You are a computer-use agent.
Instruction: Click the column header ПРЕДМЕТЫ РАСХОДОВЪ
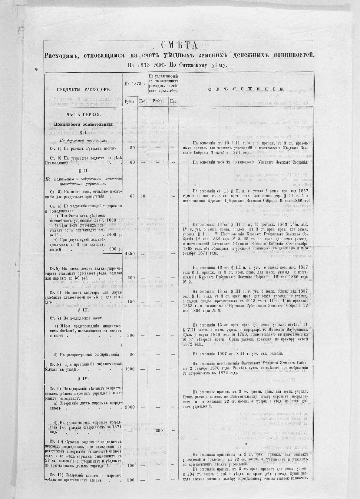(84, 90)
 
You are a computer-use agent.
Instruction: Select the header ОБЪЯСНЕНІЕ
(246, 89)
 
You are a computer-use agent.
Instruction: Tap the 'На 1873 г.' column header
(135, 84)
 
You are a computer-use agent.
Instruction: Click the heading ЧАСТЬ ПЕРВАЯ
(84, 115)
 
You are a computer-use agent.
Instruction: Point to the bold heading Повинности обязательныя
(84, 124)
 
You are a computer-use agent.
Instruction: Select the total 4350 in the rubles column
(130, 253)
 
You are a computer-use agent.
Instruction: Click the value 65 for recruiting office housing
(132, 196)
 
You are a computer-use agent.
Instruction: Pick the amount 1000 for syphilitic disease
(130, 368)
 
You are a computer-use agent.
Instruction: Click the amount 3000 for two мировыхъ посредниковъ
(130, 407)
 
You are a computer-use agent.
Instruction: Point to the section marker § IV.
(84, 379)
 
